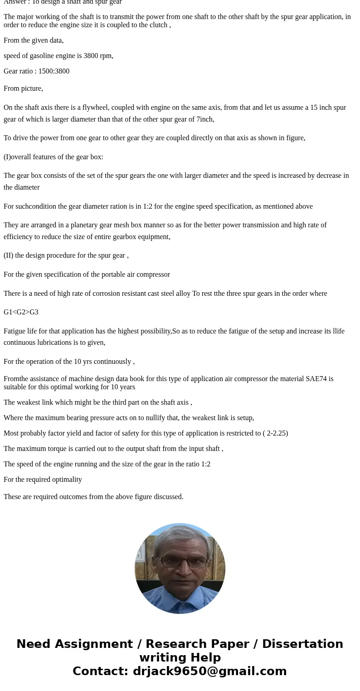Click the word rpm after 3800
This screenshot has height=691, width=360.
[106, 56]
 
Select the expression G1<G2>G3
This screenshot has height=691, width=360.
[21, 312]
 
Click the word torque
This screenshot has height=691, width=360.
[59, 449]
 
